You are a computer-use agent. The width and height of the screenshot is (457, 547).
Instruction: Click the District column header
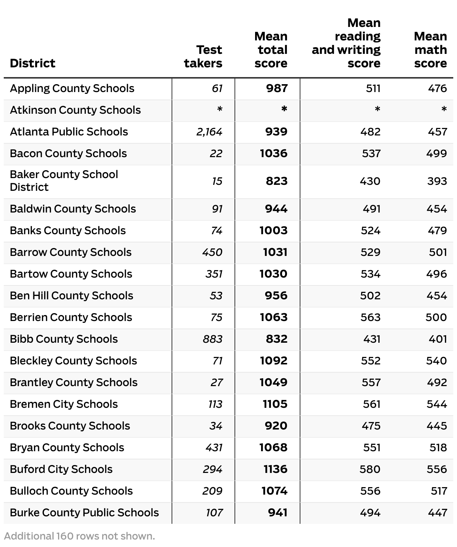pos(33,63)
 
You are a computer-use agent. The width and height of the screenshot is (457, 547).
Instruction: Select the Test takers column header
pos(203,56)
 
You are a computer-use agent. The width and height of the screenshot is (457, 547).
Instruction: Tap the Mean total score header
pos(271,50)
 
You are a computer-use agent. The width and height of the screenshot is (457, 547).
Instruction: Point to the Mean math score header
pos(430,50)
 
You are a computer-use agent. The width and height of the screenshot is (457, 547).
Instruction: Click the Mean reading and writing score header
pos(346,43)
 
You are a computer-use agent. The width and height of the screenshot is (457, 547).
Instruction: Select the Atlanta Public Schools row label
pos(69,132)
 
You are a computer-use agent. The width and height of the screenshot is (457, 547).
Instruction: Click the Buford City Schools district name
pos(61,469)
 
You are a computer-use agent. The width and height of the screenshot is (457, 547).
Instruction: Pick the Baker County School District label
pos(64,181)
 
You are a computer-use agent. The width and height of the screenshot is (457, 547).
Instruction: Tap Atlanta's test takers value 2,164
pos(209,132)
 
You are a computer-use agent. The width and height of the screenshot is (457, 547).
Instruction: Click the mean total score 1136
pos(275,469)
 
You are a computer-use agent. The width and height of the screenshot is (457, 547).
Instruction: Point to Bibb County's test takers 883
pos(212,339)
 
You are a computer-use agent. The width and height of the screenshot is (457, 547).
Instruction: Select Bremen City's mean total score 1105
pos(275,404)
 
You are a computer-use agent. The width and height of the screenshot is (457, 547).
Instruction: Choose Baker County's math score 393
pos(437,181)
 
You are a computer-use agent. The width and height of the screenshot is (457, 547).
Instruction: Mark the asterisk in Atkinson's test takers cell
pos(220,110)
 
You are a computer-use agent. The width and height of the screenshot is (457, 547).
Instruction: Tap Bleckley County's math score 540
pos(436,361)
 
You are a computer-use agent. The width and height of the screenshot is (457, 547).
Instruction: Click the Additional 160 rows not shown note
pos(79,536)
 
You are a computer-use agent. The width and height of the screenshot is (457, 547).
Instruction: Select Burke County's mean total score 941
pos(278,513)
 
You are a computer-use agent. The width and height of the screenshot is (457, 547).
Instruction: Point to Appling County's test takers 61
pos(217,88)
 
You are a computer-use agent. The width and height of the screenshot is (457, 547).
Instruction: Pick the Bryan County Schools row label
pos(67,447)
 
